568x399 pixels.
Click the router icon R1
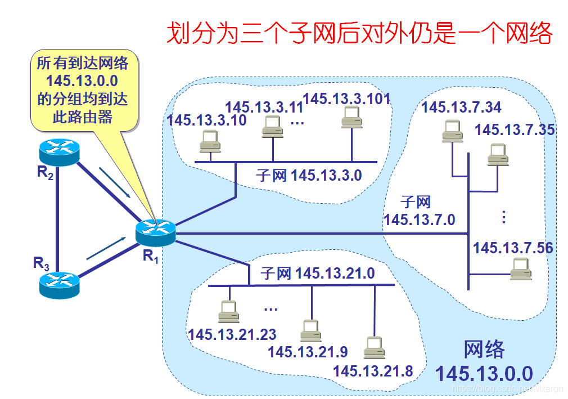coord(156,232)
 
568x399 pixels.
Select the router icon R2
coord(60,151)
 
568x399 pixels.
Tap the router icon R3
coord(59,285)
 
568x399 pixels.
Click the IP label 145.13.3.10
coord(206,120)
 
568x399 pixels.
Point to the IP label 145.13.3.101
coord(346,98)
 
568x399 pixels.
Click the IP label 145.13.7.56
coord(512,248)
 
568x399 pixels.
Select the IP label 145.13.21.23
coord(232,334)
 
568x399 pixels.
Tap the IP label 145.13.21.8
coord(373,371)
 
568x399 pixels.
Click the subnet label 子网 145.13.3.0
coord(309,175)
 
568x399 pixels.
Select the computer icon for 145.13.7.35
coord(498,154)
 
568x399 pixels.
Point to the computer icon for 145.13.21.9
coord(310,330)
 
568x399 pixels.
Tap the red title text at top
coord(359,34)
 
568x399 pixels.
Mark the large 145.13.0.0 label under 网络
coord(484,373)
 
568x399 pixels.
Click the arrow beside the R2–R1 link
coord(117,182)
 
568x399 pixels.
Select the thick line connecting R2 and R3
coord(58,218)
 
